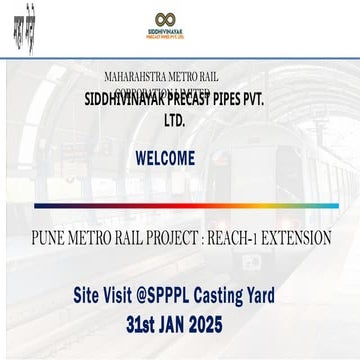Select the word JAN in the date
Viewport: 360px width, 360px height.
point(183,325)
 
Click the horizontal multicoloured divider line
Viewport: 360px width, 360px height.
point(180,205)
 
